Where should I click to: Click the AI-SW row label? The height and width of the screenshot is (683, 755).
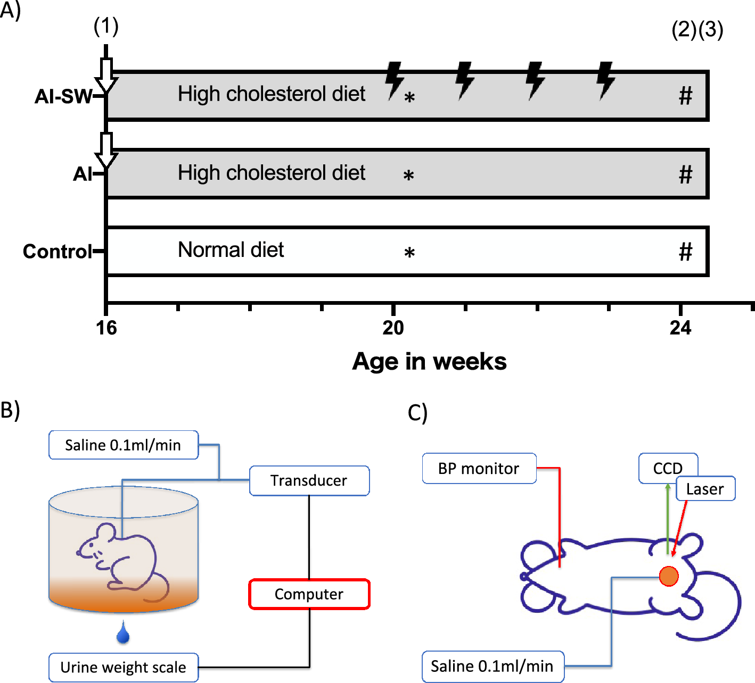pos(63,96)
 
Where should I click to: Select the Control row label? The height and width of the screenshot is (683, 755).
pos(58,251)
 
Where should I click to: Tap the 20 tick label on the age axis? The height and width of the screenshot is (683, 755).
pos(393,328)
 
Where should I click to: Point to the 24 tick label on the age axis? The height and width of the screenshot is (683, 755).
pos(680,328)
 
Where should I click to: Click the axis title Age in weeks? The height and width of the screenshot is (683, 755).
pos(429,361)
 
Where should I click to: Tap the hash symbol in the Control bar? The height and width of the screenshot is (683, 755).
pos(686,252)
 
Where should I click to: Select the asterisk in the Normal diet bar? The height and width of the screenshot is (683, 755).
pos(409,253)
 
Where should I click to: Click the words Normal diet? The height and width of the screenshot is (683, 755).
pos(231,249)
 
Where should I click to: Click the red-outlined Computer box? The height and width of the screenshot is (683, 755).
pos(309,594)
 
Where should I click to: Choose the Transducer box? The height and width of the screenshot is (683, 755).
pos(309,480)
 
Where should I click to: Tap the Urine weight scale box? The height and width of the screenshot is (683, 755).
pos(123,667)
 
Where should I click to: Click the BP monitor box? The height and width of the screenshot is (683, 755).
pos(479,468)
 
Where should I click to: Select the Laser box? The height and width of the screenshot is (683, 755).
pos(705,489)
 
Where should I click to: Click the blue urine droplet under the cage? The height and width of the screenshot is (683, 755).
pos(123,633)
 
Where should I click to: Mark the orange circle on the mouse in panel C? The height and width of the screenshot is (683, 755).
pos(669,576)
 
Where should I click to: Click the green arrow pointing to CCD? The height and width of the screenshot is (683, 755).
pos(668,519)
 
